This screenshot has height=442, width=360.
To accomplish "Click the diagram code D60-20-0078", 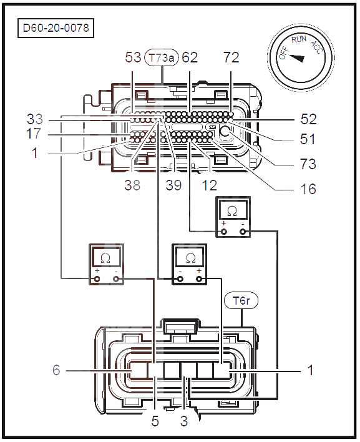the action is click(x=56, y=28).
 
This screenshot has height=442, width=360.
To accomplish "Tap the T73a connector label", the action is click(x=162, y=58).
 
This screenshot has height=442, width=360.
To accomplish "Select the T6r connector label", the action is click(x=241, y=301).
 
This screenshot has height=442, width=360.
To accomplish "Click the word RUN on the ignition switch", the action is click(x=299, y=39).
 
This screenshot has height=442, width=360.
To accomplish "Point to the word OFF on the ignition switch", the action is click(x=283, y=53).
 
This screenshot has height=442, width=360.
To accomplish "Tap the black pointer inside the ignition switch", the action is click(x=297, y=58).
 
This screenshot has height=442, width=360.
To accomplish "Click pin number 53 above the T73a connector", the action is click(x=133, y=57).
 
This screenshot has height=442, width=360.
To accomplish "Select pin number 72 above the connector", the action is click(x=231, y=57).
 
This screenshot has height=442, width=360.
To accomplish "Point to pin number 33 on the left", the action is click(x=35, y=119).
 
